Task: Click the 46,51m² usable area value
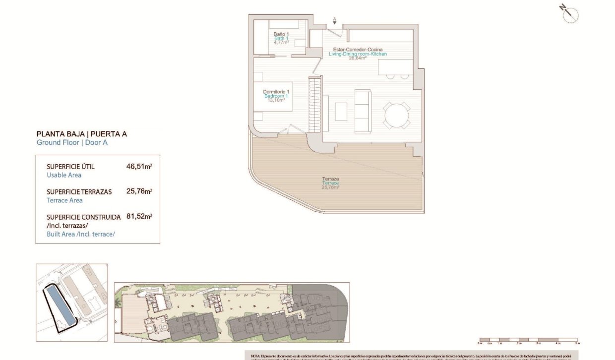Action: coord(139,167)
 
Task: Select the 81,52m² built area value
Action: coord(139,217)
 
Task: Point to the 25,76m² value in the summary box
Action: coord(139,191)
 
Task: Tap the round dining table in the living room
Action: coord(397,116)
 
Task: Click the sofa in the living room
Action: coord(363,111)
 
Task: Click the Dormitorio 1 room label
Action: coord(276,92)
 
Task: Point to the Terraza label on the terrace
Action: coord(330,179)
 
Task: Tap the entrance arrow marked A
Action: coord(335,21)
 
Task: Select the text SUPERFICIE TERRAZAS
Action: coord(79,192)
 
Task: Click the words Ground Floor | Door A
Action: coord(72,143)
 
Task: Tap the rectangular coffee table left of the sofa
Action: coord(341,111)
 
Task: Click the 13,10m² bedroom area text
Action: coord(276,100)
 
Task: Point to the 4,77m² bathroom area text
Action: coord(281,43)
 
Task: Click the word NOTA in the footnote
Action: coord(256,356)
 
